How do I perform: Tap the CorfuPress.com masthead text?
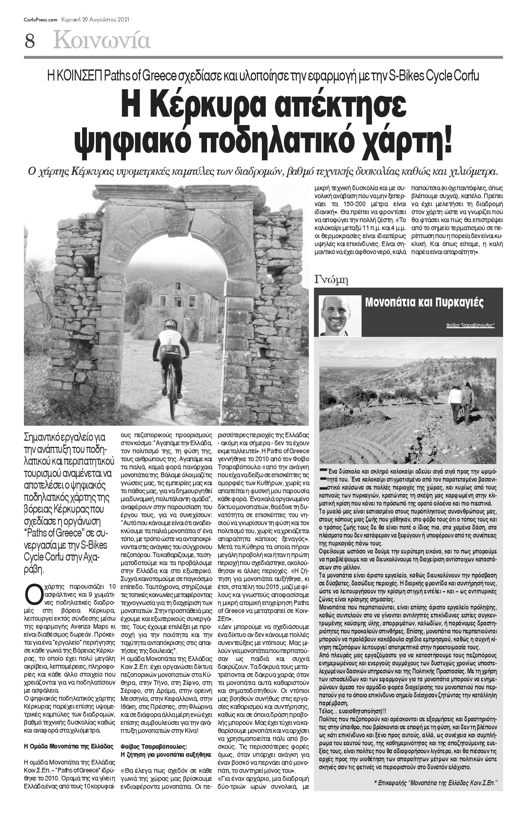[x=40, y=20]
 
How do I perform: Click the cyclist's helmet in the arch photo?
[x=170, y=323]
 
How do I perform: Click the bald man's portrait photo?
[x=340, y=315]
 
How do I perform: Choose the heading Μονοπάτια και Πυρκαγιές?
[x=424, y=303]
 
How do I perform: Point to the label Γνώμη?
[x=331, y=280]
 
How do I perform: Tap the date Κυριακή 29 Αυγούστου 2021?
[x=95, y=20]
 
